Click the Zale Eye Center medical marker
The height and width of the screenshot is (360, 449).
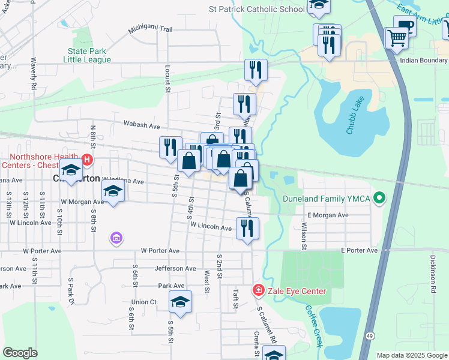(x=259, y=291)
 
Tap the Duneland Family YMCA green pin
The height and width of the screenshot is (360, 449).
(x=379, y=197)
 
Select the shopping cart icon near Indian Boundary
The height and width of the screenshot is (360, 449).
(x=397, y=38)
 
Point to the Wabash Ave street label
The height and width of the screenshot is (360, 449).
(x=142, y=126)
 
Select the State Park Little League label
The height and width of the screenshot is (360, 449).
(x=89, y=56)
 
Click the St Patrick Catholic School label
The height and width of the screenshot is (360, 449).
(x=257, y=9)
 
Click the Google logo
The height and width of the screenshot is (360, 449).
(x=20, y=353)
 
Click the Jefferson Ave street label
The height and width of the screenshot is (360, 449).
(x=175, y=268)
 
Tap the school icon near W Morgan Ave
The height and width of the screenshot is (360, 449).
(x=112, y=191)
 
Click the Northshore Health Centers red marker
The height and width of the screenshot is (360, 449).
(x=86, y=160)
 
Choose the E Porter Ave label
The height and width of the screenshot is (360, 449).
(x=359, y=250)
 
